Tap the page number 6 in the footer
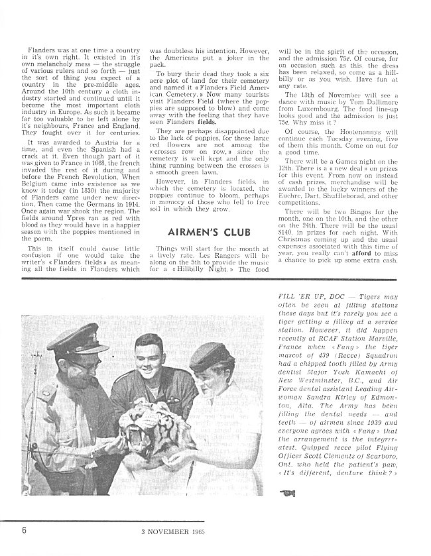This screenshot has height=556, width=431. [x=24, y=529]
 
